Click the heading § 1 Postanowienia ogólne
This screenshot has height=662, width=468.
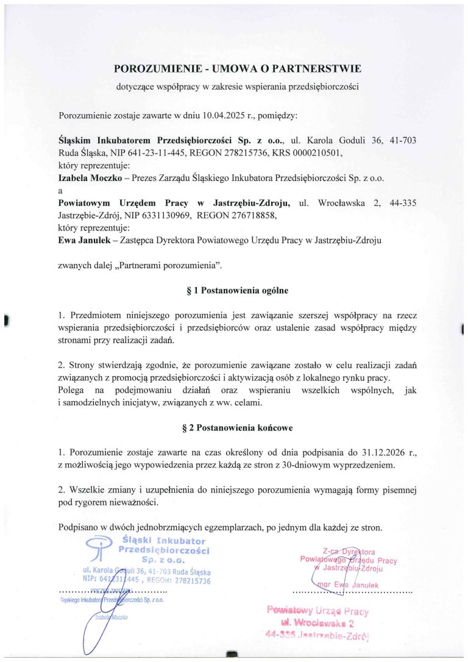[233, 291]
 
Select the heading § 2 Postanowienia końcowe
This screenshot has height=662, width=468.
[233, 428]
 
